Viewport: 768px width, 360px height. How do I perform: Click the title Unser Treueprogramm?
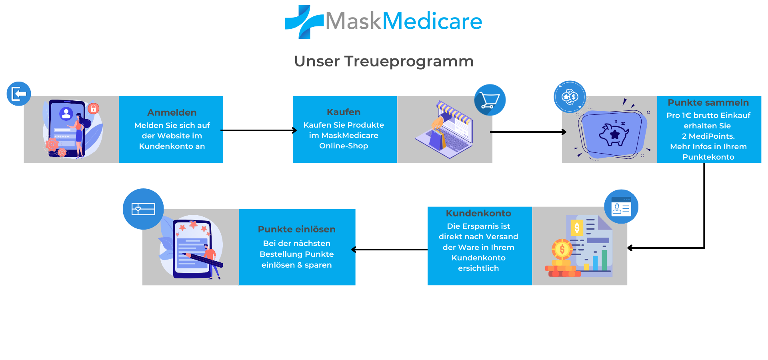(384, 61)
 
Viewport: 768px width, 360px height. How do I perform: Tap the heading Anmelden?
(172, 112)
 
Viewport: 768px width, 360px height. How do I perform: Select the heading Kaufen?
(343, 112)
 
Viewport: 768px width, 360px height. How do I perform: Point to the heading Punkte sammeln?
(708, 102)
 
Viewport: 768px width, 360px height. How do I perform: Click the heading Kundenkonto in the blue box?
(478, 213)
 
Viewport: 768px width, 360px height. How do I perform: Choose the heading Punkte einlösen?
(296, 229)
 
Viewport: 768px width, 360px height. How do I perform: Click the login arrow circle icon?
(19, 94)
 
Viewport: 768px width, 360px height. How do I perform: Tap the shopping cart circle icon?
(490, 100)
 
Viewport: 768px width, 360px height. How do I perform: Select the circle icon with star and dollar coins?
(570, 97)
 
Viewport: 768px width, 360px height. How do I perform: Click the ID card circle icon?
(621, 207)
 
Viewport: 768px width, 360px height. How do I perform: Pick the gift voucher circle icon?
(143, 209)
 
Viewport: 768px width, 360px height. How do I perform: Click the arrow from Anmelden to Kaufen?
(258, 130)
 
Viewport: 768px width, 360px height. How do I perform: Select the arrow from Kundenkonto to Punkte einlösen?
(390, 250)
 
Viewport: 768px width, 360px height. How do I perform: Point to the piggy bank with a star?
(614, 134)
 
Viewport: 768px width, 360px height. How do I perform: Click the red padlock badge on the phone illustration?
(93, 108)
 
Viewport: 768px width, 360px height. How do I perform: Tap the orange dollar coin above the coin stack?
(562, 249)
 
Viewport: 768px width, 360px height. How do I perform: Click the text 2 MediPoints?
(708, 136)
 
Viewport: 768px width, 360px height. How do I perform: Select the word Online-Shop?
(343, 146)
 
